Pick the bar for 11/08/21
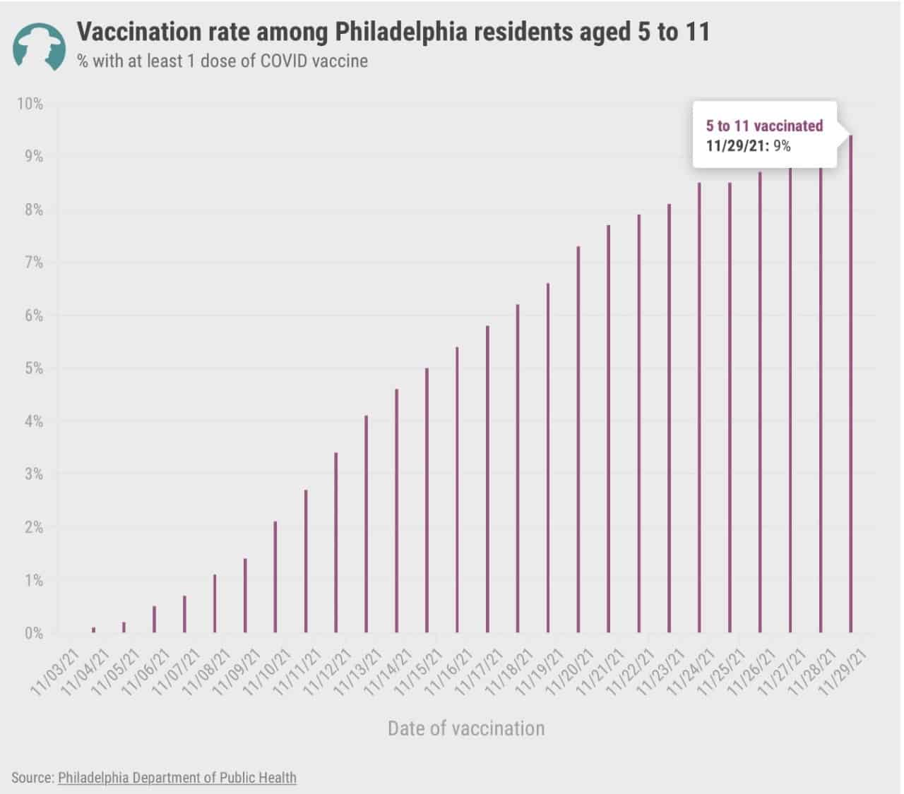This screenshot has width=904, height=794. [x=215, y=603]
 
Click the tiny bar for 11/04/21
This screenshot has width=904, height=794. [x=93, y=630]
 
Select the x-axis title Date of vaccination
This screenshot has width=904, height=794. [x=466, y=728]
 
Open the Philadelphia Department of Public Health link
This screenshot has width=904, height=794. [x=177, y=778]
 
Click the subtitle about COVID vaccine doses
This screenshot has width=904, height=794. [x=222, y=61]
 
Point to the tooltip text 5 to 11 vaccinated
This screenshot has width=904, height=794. [x=764, y=126]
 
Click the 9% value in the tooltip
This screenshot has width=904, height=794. [x=781, y=146]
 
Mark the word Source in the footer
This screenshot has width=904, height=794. [x=31, y=778]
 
